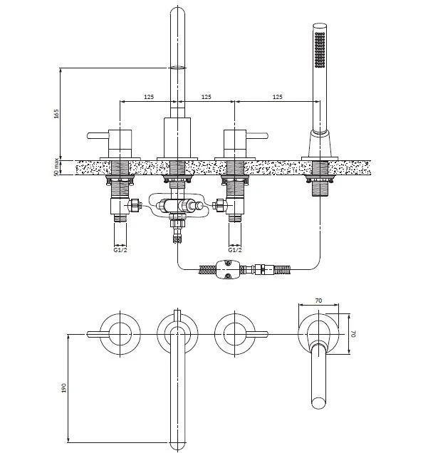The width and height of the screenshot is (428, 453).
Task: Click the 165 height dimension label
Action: click(x=56, y=113)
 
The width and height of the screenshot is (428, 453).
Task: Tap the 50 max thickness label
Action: click(x=56, y=167)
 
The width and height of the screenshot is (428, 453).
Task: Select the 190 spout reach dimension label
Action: click(x=64, y=387)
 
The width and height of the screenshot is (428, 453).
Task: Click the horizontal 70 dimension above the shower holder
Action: click(x=318, y=301)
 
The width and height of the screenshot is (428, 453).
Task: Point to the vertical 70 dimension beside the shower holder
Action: click(x=354, y=333)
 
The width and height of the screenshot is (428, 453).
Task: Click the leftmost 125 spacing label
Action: click(x=149, y=97)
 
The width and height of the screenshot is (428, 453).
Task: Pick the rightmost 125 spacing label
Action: click(x=277, y=97)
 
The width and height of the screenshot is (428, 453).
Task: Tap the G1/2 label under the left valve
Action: click(x=120, y=250)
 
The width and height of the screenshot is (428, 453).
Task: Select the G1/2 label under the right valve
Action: click(x=235, y=250)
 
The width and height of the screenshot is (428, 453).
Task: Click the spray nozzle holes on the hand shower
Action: click(x=320, y=50)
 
